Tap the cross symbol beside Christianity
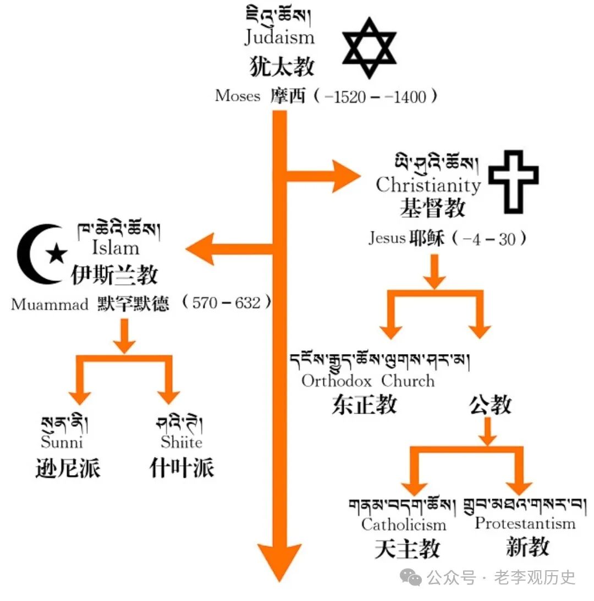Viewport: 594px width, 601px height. [514, 181]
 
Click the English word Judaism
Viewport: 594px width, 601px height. [279, 37]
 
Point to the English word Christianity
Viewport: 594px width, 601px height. [428, 185]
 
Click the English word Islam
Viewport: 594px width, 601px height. [115, 247]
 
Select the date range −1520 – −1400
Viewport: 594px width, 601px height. [375, 97]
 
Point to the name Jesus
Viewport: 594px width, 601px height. [387, 238]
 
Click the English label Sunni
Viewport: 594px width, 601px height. [62, 442]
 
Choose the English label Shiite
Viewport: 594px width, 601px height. [182, 442]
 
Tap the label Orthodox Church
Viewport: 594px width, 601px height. [368, 381]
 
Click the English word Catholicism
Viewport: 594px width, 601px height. [404, 524]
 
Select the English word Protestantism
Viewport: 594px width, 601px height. [525, 523]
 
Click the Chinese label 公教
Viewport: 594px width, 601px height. [490, 405]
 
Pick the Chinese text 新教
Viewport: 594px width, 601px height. [527, 547]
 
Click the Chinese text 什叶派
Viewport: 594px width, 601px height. [182, 468]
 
